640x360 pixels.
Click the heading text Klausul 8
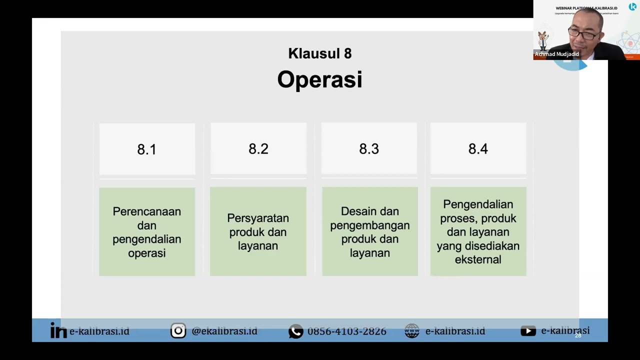click(319, 53)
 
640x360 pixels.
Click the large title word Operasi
click(319, 79)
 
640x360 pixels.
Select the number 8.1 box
click(147, 149)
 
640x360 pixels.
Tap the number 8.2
click(258, 149)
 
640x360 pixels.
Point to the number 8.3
click(369, 149)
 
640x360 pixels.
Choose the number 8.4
click(478, 149)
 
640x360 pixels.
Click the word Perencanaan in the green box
click(146, 211)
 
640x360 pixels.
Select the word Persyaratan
click(258, 218)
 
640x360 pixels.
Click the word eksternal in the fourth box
click(478, 259)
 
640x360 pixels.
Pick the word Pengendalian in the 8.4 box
click(478, 204)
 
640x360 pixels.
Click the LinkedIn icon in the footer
click(58, 331)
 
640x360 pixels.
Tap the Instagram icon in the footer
click(178, 331)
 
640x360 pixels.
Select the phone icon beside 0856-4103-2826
click(295, 331)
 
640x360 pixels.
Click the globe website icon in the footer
click(412, 331)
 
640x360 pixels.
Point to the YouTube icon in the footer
click(528, 331)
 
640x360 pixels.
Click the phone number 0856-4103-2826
click(346, 331)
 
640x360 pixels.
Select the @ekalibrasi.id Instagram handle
click(224, 331)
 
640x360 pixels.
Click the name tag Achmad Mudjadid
click(556, 54)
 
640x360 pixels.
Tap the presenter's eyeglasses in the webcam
click(581, 34)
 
